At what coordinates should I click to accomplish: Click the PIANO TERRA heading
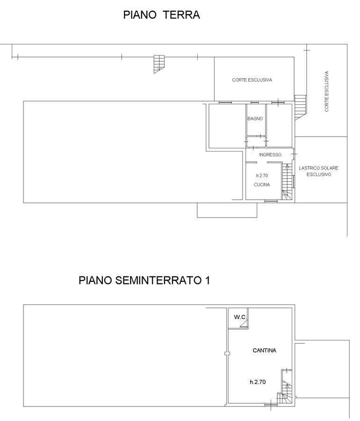161,15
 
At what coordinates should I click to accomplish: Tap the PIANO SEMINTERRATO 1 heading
144,280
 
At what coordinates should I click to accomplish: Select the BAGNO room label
255,119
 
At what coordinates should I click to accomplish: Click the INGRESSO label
270,155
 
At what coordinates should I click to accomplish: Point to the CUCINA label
262,185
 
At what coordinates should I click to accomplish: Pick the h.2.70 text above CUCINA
262,175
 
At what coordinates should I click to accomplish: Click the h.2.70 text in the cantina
258,382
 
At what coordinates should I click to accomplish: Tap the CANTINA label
265,350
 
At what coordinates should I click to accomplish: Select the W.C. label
240,317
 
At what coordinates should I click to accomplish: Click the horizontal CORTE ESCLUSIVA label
252,80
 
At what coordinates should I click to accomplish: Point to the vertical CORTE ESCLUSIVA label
326,91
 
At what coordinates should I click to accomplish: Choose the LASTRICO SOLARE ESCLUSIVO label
319,171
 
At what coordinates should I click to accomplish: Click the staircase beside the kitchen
287,182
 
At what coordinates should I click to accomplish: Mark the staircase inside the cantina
285,387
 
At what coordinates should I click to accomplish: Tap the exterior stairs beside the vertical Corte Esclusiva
300,108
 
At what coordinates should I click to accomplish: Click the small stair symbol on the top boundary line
159,64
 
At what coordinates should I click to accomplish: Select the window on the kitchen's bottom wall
271,201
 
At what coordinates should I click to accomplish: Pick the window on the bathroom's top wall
255,102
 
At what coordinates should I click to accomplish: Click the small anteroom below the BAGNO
256,142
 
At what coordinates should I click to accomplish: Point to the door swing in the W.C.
244,324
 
